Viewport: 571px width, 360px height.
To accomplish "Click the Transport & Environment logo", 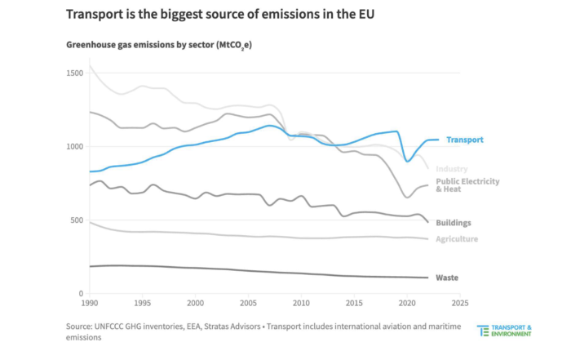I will click(505, 331).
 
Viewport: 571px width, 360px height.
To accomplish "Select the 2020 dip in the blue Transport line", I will click(408, 161).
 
